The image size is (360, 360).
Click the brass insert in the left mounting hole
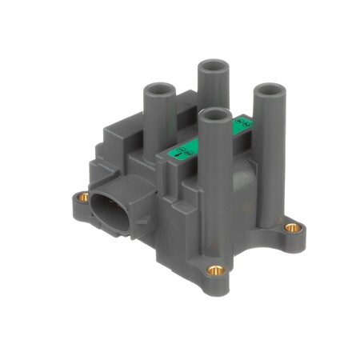(x=82, y=196)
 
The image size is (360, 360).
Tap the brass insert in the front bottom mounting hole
(x=215, y=270)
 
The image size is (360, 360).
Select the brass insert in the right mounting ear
(x=293, y=227)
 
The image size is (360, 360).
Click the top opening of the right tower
(x=270, y=89)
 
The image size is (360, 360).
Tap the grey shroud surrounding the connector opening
(x=128, y=192)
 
